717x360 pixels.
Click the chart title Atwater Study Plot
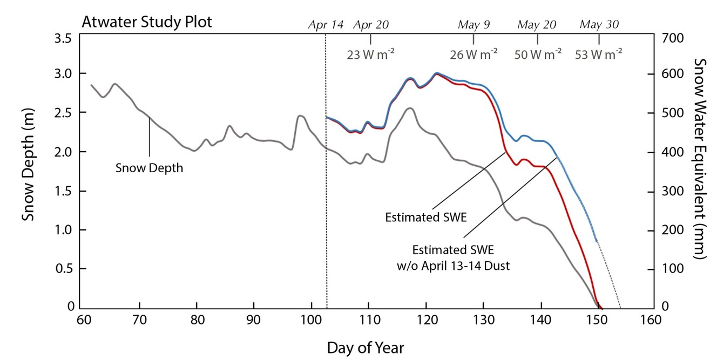(x=146, y=23)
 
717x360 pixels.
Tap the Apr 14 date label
(x=326, y=25)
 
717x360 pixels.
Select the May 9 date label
(x=474, y=25)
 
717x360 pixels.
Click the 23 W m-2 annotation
(x=370, y=54)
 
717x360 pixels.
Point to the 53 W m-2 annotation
(x=599, y=54)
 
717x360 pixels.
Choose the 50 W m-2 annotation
(x=537, y=54)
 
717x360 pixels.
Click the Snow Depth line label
(x=150, y=168)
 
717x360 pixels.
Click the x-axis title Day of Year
(x=365, y=347)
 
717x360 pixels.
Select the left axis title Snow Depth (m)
(x=29, y=172)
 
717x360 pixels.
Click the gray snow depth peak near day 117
(x=409, y=108)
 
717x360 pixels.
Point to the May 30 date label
(x=599, y=25)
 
